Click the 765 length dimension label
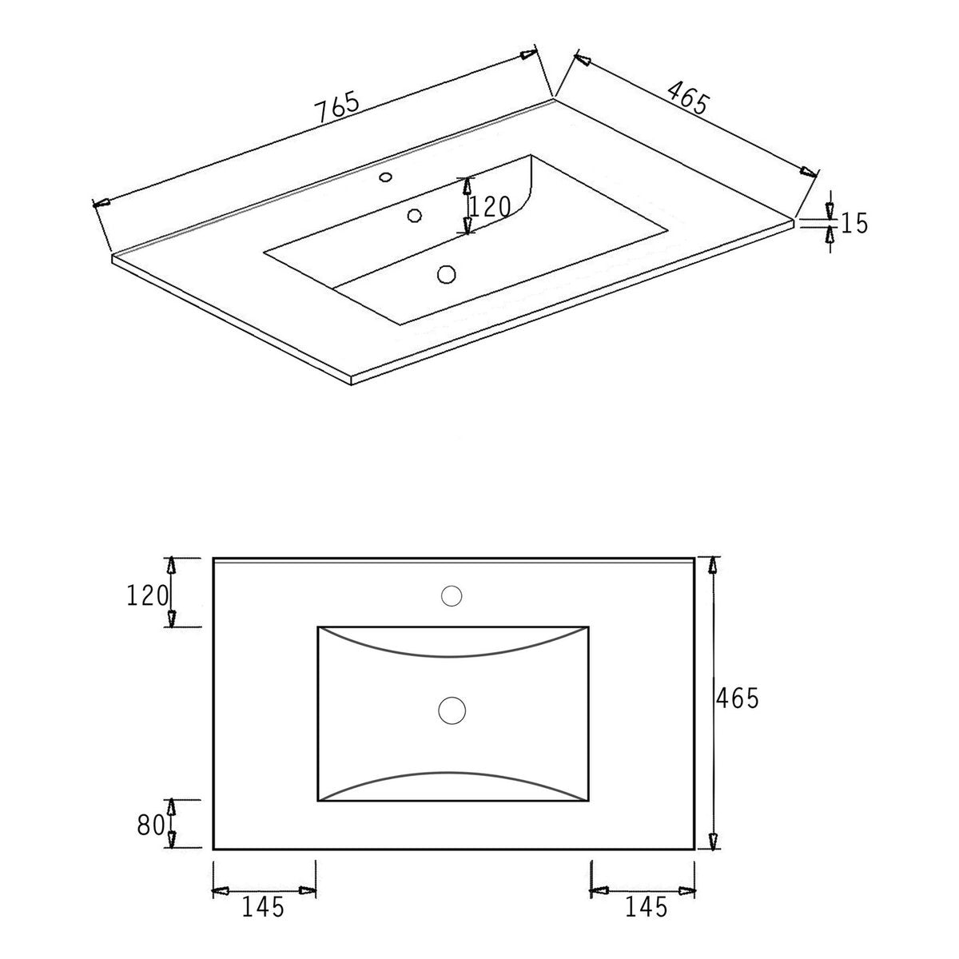338,107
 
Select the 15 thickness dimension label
854,223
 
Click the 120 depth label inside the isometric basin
490,207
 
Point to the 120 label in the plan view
147,595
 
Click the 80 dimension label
151,826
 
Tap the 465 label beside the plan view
737,698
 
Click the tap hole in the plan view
452,595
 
